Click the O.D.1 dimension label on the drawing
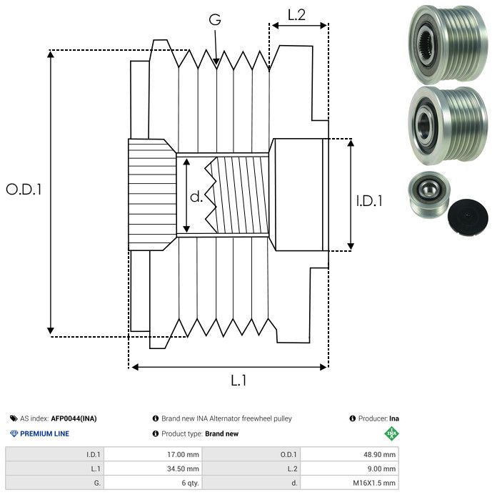click(x=24, y=190)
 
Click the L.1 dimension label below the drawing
click(x=239, y=381)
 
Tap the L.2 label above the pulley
click(x=296, y=14)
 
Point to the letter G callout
click(x=215, y=20)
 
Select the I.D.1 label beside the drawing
click(x=369, y=202)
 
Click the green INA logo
click(x=391, y=433)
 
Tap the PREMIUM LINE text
click(x=44, y=433)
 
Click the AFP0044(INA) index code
click(x=74, y=418)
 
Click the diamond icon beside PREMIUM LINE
click(x=14, y=433)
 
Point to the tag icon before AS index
click(x=14, y=418)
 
